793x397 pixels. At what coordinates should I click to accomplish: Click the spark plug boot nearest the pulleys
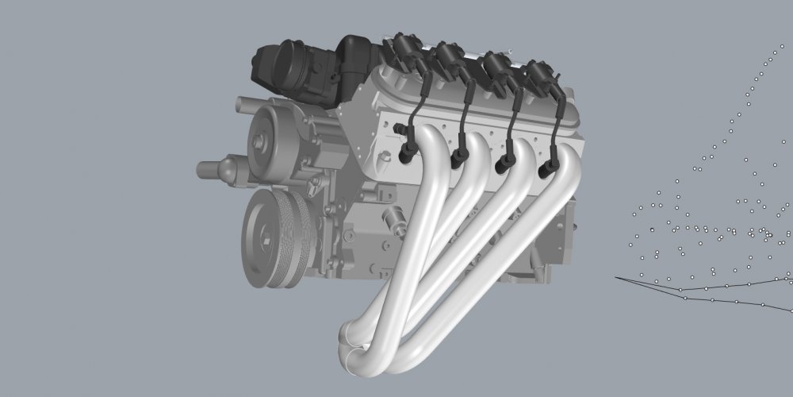tap(407, 153)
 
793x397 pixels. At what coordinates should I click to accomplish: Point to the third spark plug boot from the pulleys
tap(501, 165)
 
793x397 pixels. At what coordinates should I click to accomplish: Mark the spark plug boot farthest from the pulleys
tap(546, 169)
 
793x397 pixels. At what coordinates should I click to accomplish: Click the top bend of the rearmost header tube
tap(566, 163)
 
